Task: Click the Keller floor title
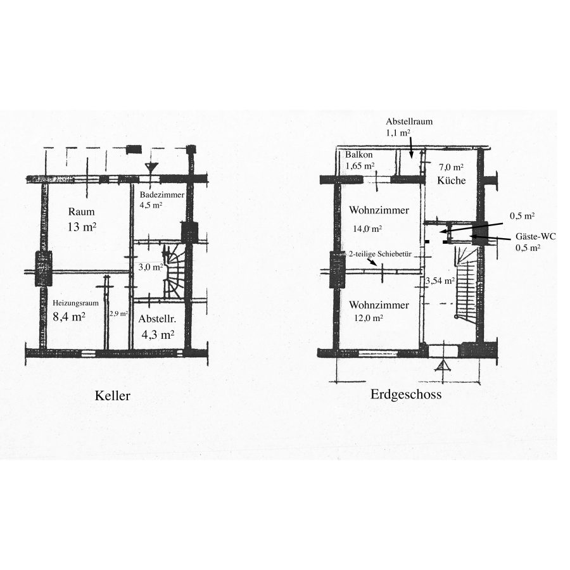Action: coord(112,396)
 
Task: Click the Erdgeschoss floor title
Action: coord(406,395)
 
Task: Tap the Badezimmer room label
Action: coord(162,195)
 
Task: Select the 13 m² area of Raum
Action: coord(82,227)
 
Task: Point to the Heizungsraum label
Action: coord(75,303)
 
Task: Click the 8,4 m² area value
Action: coord(69,317)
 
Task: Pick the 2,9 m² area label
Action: coord(118,313)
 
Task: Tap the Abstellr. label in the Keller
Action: coord(157,319)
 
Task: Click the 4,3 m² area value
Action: coord(158,334)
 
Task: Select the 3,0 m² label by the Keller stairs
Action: coord(151,267)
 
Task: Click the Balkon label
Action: coord(359,155)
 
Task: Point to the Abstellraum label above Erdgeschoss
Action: coord(409,122)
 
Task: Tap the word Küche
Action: coord(451,180)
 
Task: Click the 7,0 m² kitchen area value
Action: coord(451,167)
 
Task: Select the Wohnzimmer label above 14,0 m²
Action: coord(379,210)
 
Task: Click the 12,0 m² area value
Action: coord(368,318)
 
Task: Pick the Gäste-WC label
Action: coord(535,237)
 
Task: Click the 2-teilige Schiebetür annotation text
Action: coord(380,254)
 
